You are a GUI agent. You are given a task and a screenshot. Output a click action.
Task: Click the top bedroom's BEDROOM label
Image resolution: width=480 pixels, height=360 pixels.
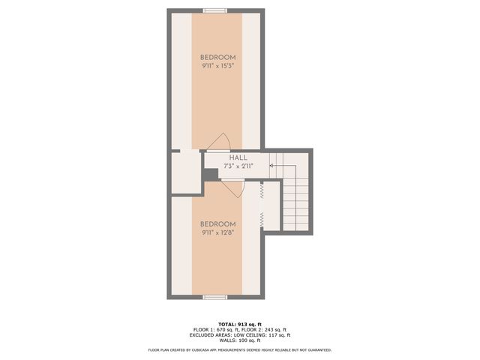(x=217, y=58)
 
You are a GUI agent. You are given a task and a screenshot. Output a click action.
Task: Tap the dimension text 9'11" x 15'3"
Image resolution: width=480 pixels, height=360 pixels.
(x=217, y=67)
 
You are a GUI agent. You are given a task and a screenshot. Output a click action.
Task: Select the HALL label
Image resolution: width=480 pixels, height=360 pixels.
(x=238, y=157)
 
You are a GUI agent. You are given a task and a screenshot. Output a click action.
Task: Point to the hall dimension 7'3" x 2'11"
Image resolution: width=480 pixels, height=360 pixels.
(x=238, y=166)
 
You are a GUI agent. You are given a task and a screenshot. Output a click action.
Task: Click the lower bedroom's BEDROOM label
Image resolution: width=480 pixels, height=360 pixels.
(x=217, y=224)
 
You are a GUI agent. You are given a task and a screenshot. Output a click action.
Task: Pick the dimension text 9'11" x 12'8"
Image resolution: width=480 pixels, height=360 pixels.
(x=217, y=233)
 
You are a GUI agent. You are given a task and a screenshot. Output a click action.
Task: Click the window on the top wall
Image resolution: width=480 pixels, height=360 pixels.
(x=216, y=10)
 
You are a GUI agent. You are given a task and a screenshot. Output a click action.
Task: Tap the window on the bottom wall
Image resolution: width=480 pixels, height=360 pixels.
(x=216, y=297)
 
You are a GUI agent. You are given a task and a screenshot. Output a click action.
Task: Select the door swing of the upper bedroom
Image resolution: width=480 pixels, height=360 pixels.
(x=218, y=142)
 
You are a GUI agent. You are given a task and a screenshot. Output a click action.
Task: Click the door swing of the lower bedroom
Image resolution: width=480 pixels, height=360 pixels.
(x=232, y=188)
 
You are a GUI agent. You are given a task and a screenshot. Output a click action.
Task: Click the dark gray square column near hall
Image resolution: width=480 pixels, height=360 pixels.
(x=211, y=174)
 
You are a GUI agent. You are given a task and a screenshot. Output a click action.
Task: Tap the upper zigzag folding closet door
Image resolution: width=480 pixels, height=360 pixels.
(x=261, y=191)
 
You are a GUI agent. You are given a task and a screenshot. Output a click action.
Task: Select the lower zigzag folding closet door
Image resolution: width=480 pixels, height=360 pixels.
(x=261, y=220)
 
